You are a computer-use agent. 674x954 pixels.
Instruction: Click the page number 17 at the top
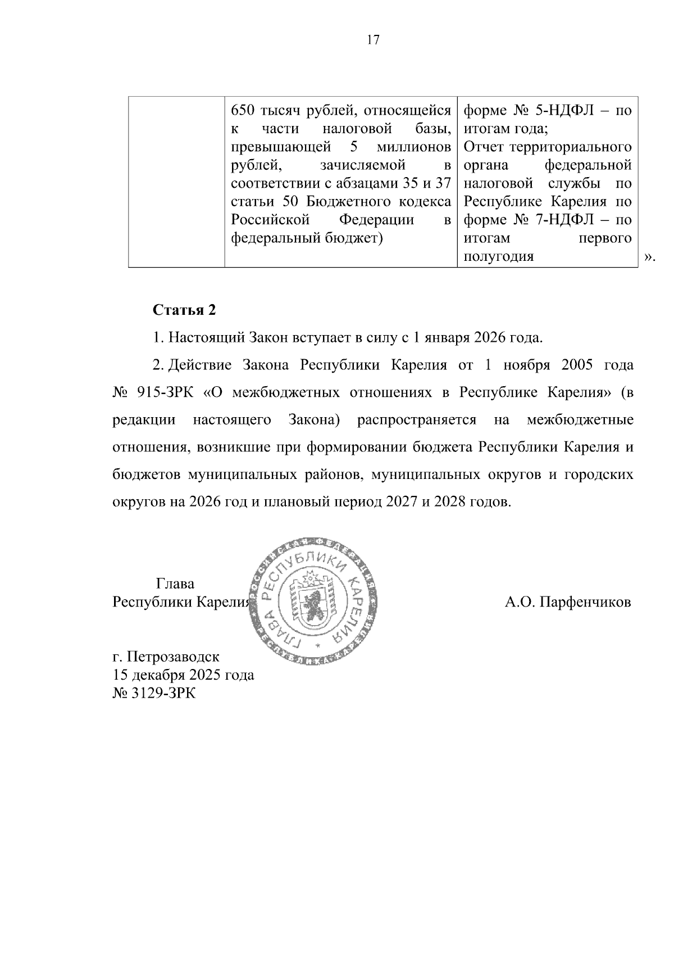[x=373, y=40]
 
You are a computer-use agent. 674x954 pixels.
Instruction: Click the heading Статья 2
[x=184, y=310]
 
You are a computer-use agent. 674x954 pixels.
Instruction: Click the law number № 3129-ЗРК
[x=154, y=693]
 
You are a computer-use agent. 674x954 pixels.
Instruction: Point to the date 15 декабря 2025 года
[x=183, y=675]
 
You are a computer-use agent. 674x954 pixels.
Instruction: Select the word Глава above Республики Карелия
[x=175, y=584]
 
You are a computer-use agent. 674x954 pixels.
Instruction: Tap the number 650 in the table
[x=243, y=111]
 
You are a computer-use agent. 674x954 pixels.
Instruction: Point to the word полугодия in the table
[x=498, y=257]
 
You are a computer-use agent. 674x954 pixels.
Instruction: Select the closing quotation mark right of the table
[x=649, y=257]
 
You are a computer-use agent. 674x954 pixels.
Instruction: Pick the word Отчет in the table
[x=484, y=147]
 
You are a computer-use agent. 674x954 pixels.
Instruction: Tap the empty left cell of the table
[x=176, y=181]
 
